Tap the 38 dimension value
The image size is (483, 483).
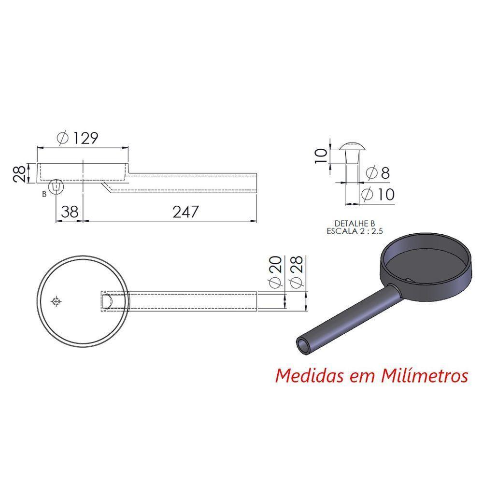coord(70,212)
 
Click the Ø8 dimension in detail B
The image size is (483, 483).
coord(378,173)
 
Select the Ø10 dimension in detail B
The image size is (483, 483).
coord(378,195)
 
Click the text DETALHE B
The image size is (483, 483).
coord(355,223)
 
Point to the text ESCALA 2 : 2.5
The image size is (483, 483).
coord(355,231)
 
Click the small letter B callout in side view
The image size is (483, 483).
coord(44,194)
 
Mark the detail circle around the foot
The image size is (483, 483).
coord(57,186)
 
